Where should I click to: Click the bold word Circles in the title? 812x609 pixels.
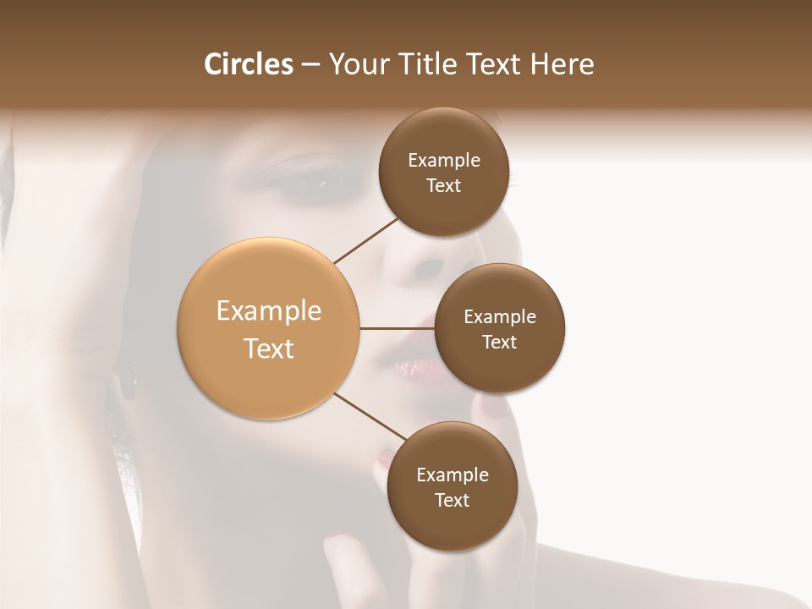click(248, 64)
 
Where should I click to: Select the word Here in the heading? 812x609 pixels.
click(562, 64)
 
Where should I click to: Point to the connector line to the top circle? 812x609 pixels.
click(367, 240)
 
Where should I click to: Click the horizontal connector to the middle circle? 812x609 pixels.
click(398, 328)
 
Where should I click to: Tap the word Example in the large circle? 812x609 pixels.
click(269, 311)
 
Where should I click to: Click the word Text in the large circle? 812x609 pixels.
click(269, 348)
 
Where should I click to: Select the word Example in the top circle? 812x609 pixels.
click(444, 161)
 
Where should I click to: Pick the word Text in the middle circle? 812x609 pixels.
click(499, 342)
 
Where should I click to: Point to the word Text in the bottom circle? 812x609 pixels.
click(452, 500)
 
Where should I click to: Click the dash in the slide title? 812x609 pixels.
click(310, 65)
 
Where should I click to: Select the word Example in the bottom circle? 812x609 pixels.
click(452, 475)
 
